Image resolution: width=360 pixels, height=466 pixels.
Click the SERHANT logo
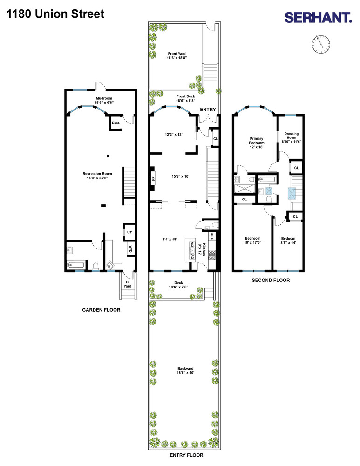click(318, 18)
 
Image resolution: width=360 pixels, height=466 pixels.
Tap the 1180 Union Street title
click(55, 14)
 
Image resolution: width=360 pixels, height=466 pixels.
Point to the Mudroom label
click(104, 100)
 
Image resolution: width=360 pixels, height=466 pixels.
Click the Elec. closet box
click(116, 123)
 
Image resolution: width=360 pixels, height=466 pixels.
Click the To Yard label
click(127, 284)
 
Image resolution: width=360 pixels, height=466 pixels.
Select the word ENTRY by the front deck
click(208, 109)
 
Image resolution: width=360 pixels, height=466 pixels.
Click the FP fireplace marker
click(153, 178)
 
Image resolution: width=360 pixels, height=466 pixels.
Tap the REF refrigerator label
click(211, 236)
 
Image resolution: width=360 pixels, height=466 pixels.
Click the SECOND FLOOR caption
click(271, 280)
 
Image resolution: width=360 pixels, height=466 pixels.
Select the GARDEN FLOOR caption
click(101, 310)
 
